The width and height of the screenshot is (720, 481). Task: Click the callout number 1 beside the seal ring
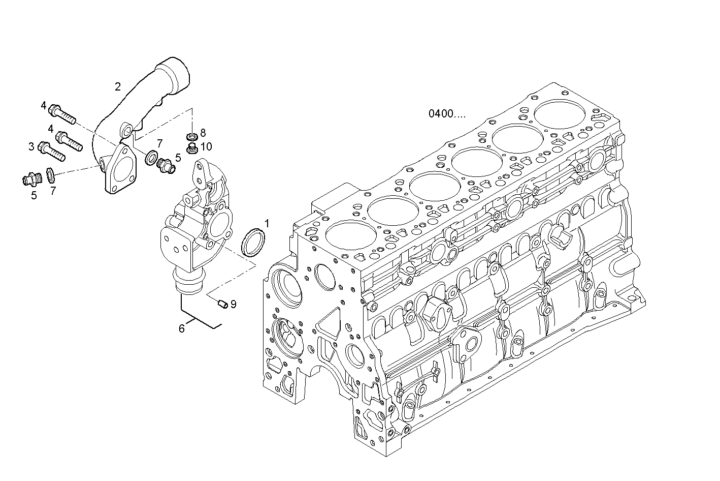267,223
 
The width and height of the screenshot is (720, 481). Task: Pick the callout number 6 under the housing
181,328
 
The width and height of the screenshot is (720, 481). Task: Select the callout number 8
203,133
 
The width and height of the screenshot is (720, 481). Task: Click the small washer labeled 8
192,136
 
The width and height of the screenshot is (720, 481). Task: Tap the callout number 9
233,304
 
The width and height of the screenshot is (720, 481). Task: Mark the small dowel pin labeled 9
221,304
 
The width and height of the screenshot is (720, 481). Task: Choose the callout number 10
206,147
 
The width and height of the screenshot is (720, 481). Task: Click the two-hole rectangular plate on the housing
176,245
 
